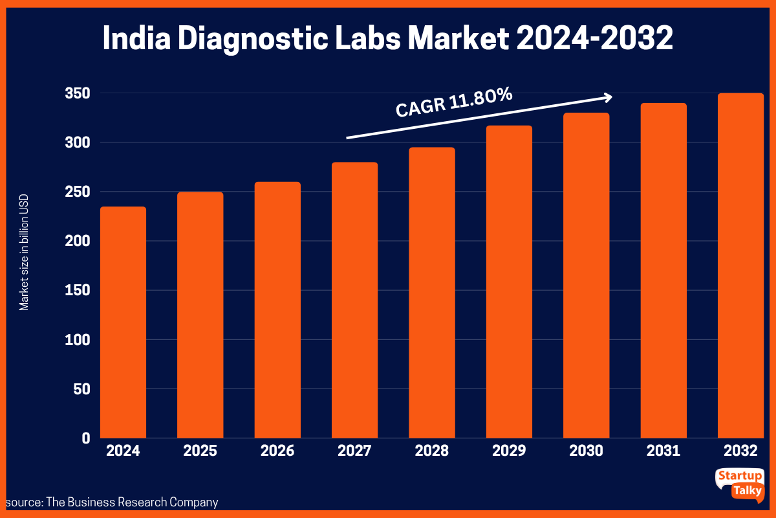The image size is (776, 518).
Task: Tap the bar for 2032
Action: (x=740, y=265)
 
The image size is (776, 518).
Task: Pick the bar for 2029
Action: (x=509, y=282)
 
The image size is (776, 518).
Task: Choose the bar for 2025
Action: (x=200, y=315)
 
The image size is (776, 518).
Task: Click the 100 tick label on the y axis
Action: (x=76, y=340)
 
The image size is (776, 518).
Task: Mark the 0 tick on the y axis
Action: (x=85, y=438)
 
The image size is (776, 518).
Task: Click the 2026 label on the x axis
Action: (x=277, y=451)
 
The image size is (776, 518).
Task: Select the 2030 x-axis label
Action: (x=587, y=451)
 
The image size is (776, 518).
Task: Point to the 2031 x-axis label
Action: (x=663, y=451)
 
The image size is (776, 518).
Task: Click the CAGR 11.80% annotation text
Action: (x=454, y=103)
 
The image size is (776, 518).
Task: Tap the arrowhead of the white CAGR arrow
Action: (x=607, y=97)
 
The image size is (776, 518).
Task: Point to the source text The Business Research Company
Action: (x=132, y=502)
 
